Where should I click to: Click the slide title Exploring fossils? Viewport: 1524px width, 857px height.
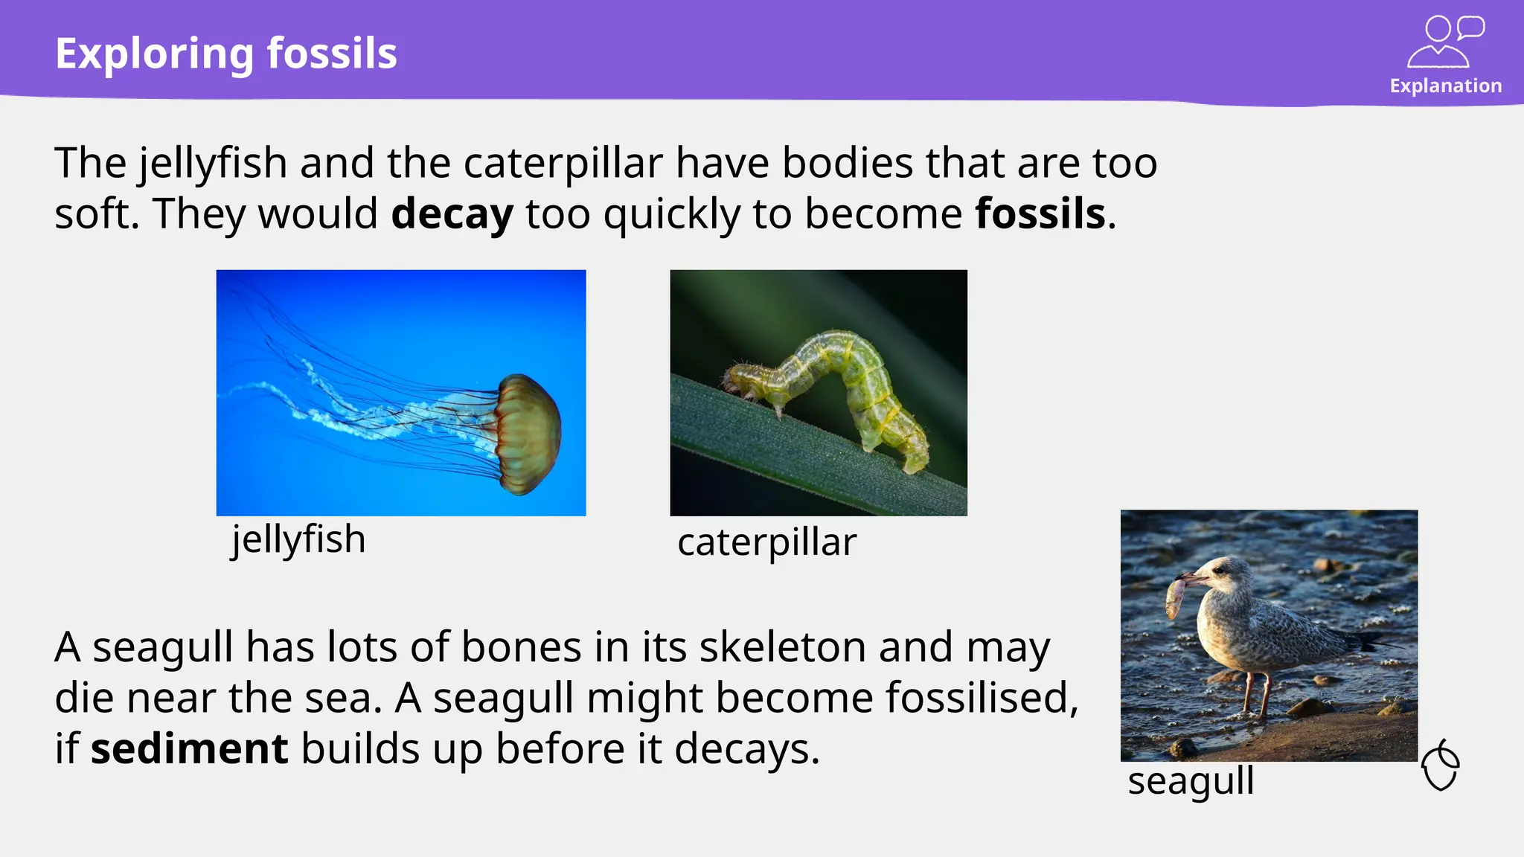click(x=226, y=54)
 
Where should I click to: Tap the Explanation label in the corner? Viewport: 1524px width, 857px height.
click(x=1445, y=86)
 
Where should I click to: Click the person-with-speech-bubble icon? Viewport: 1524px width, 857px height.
click(x=1445, y=42)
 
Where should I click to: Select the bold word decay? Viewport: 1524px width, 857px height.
click(x=452, y=214)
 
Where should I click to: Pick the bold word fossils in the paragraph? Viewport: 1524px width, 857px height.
click(x=1040, y=214)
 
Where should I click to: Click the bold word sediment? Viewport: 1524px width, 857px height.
click(x=189, y=748)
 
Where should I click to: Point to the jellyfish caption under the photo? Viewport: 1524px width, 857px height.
click(x=298, y=539)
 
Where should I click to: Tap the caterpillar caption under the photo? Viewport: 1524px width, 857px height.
click(x=766, y=542)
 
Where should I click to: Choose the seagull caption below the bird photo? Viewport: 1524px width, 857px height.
click(x=1191, y=781)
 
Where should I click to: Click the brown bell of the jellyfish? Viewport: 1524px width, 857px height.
click(x=530, y=434)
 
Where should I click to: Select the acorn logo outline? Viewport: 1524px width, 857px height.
click(x=1441, y=765)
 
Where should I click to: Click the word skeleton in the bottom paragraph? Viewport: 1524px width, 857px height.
click(x=782, y=647)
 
